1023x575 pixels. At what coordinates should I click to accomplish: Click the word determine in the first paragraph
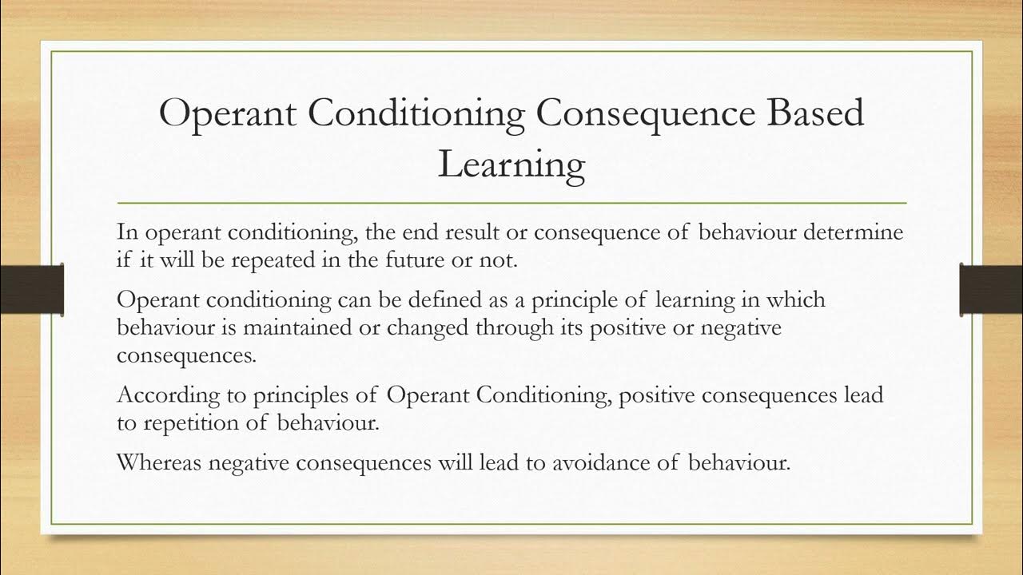pos(854,232)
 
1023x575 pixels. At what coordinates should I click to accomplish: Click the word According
pos(161,395)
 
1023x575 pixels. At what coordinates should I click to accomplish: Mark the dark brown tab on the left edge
pos(32,287)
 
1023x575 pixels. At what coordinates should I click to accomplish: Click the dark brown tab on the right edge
pos(990,287)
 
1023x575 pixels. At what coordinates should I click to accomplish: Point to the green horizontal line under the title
pos(511,203)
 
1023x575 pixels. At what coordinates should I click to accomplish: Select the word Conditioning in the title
pos(416,112)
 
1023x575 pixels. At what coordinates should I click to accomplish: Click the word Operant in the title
pos(229,112)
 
